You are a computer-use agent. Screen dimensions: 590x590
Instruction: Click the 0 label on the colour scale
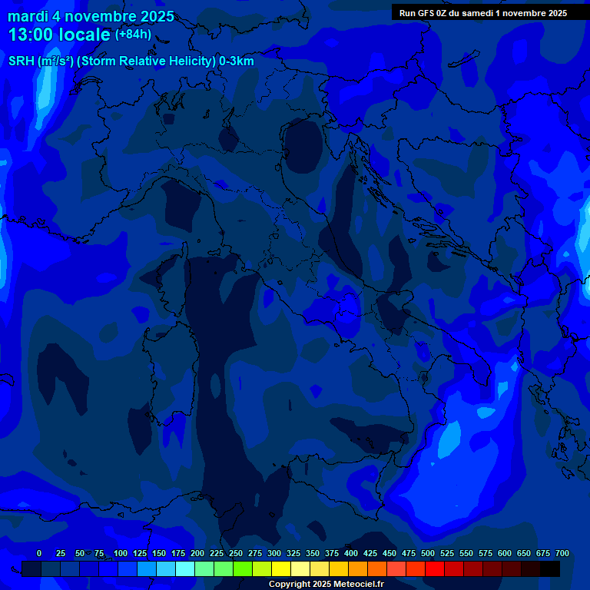tap(39, 553)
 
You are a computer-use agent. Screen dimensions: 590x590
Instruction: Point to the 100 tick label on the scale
tap(121, 553)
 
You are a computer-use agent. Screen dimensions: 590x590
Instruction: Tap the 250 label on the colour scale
tap(236, 553)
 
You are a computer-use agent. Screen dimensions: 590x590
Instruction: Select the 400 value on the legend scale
tap(351, 553)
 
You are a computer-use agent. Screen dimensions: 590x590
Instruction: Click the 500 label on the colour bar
tap(428, 553)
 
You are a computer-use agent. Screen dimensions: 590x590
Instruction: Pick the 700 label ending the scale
tap(562, 553)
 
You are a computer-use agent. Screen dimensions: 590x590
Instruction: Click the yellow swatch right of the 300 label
tap(281, 568)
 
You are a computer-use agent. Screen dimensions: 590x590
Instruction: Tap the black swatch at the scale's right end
tap(550, 568)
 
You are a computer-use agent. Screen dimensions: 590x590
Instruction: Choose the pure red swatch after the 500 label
tap(435, 568)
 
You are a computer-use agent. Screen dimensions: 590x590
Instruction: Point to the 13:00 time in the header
tap(31, 35)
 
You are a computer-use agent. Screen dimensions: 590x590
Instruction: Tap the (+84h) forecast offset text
tap(133, 34)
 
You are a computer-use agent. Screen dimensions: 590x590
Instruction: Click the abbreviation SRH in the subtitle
tap(21, 61)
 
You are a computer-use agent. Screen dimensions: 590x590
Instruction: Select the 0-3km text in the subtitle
tap(237, 61)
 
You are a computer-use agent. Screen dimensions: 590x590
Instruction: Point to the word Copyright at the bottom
tap(290, 584)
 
